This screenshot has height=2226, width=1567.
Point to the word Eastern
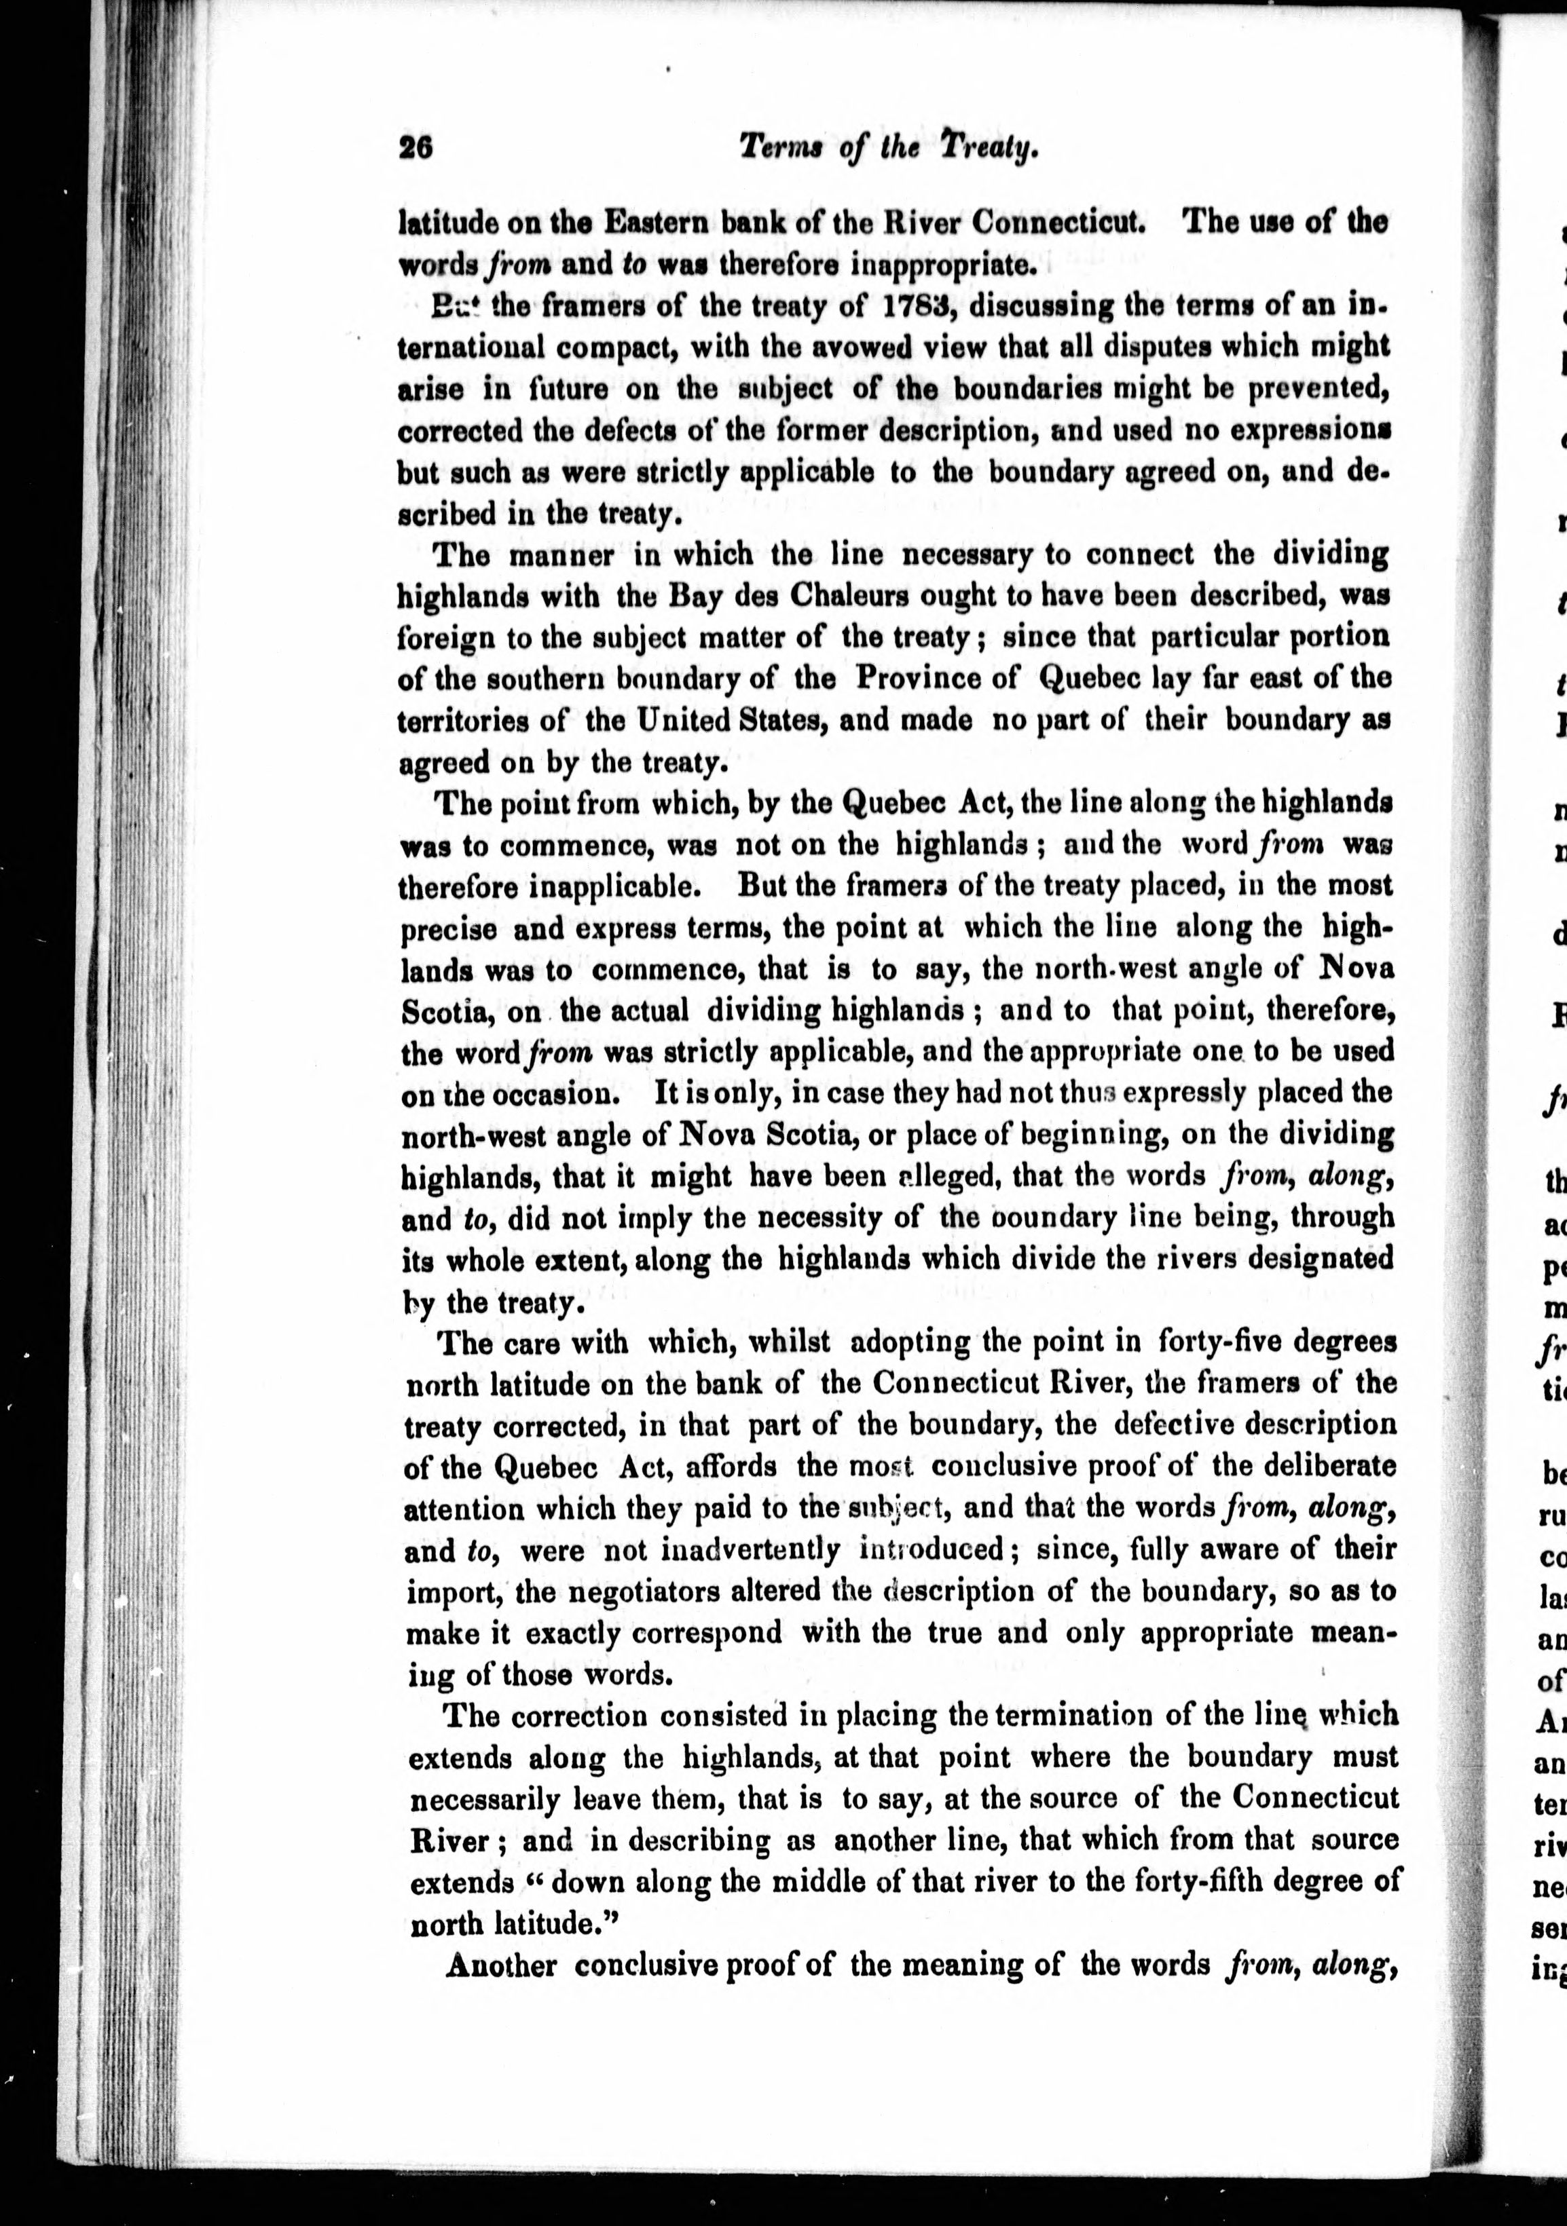657,222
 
